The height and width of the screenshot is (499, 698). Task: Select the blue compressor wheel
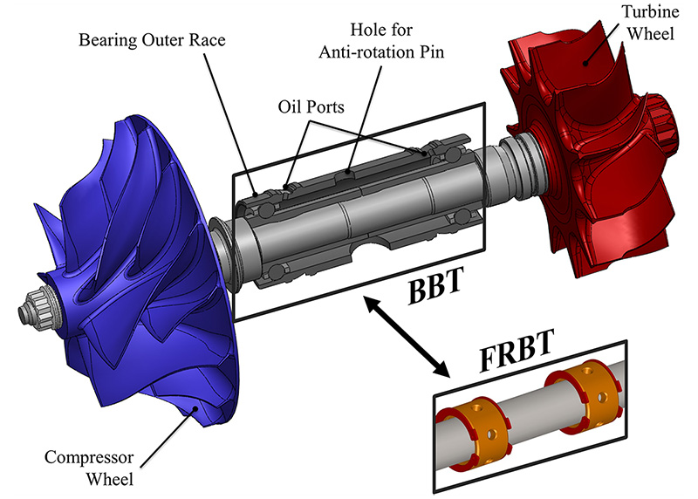click(131, 288)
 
